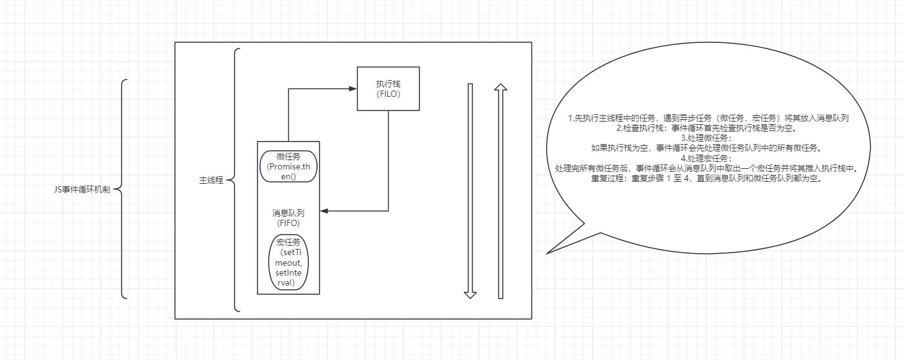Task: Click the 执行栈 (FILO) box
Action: pyautogui.click(x=388, y=88)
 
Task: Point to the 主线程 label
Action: pyautogui.click(x=211, y=181)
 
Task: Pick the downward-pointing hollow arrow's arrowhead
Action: pyautogui.click(x=470, y=294)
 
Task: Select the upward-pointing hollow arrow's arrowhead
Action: pyautogui.click(x=500, y=88)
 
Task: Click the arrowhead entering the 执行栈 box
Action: pyautogui.click(x=354, y=88)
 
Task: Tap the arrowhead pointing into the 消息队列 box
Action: pyautogui.click(x=324, y=211)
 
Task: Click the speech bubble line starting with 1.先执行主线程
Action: pyautogui.click(x=709, y=118)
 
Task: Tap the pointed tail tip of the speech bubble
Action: pyautogui.click(x=548, y=253)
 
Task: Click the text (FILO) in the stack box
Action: pyautogui.click(x=388, y=94)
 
